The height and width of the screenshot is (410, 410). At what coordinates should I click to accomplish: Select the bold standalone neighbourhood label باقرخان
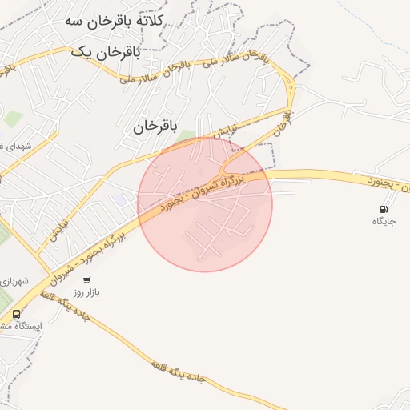coord(153,126)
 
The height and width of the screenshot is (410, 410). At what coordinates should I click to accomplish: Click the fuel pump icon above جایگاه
coord(383,209)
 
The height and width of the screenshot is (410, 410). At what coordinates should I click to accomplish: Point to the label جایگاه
coord(383,221)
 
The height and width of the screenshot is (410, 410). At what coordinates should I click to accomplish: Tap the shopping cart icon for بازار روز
coord(86,280)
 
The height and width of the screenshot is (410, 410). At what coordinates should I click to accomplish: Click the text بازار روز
coord(87,293)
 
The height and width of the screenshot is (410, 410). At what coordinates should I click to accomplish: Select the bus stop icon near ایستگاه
coord(17,314)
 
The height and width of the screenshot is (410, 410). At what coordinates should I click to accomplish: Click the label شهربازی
coord(14,281)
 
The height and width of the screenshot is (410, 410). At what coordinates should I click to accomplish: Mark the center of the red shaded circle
coord(205,204)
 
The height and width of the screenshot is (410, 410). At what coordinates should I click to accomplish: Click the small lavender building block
coord(119,198)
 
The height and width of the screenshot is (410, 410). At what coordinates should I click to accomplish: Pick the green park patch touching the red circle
coord(187,137)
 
